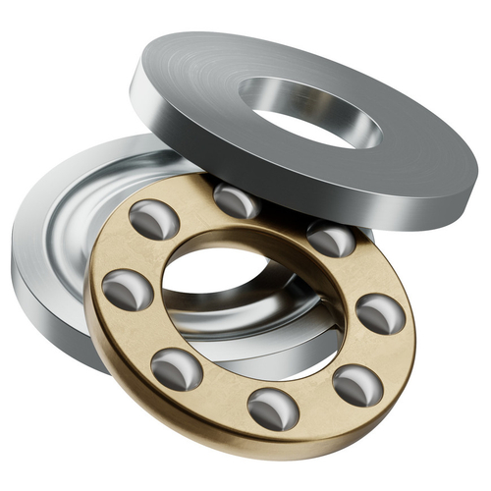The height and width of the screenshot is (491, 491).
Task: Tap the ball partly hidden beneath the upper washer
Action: (x=236, y=200)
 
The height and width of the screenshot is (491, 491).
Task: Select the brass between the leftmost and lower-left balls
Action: (x=142, y=334)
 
